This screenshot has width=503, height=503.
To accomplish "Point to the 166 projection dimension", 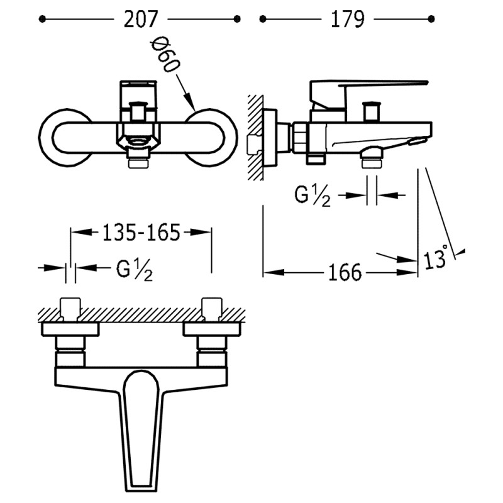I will (345, 272).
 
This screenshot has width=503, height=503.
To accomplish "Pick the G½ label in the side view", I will (312, 196).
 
